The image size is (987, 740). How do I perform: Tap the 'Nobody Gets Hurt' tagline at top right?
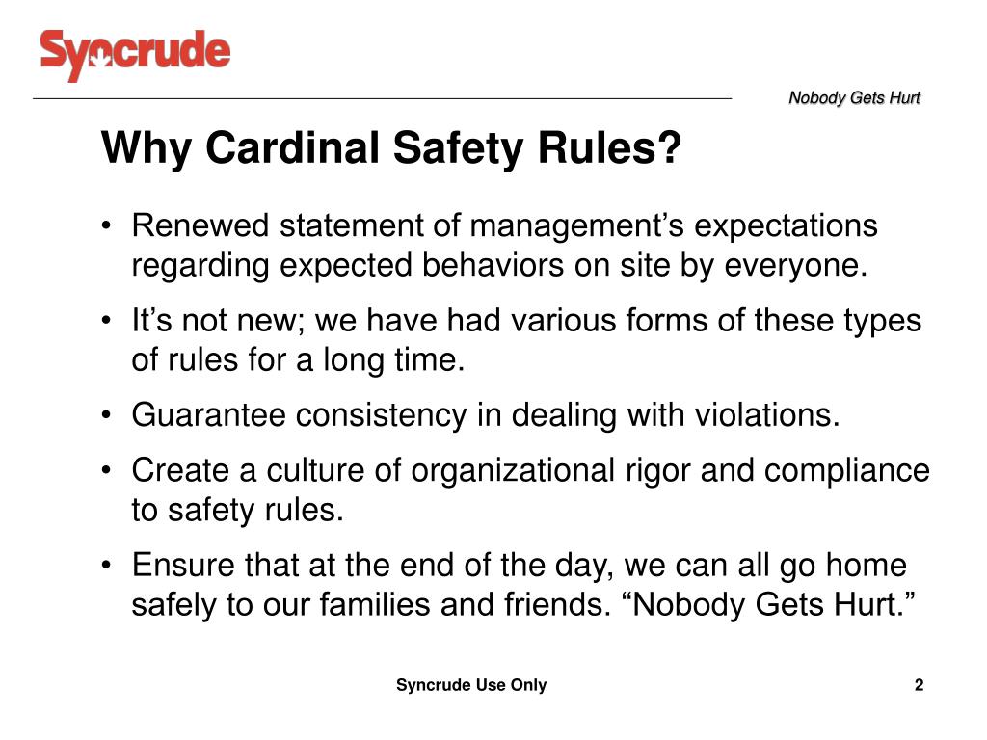pyautogui.click(x=854, y=98)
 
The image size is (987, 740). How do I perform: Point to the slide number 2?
pyautogui.click(x=919, y=685)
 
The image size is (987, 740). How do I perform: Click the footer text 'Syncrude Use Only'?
pyautogui.click(x=471, y=685)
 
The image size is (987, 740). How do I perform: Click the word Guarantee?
pyautogui.click(x=209, y=415)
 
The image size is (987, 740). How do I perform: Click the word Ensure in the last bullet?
pyautogui.click(x=178, y=566)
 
